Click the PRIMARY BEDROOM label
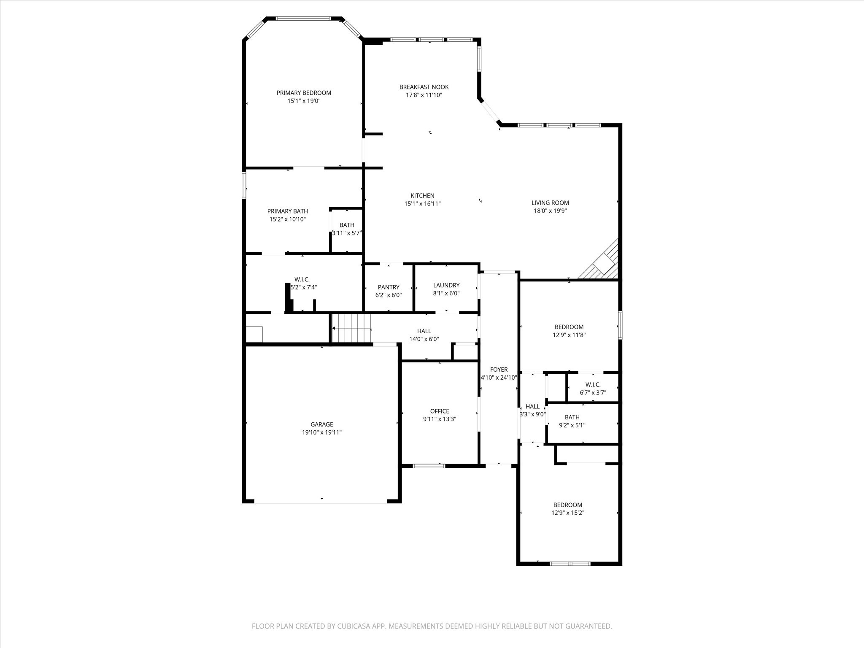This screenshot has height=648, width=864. pos(304,93)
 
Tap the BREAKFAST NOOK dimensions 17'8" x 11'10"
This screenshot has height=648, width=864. pos(424,95)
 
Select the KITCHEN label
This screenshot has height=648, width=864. pos(422,196)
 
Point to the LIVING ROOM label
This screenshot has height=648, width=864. pos(550,203)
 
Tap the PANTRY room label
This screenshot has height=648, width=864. pos(389,287)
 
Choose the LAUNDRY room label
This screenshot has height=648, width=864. pos(446,286)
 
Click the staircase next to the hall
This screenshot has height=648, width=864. pos(351,328)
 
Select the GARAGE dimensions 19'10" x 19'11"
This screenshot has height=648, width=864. pos(321,432)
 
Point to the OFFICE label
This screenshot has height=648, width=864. pos(440,411)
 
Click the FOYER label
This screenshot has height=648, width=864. pos(499,370)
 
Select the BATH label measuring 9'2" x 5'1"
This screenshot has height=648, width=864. pos(572,417)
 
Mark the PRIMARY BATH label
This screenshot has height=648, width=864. pos(287,211)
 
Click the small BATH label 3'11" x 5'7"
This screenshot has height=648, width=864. pos(347,225)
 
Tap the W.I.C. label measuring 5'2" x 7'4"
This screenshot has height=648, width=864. pos(302,280)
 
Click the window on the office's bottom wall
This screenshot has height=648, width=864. pos(429,466)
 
